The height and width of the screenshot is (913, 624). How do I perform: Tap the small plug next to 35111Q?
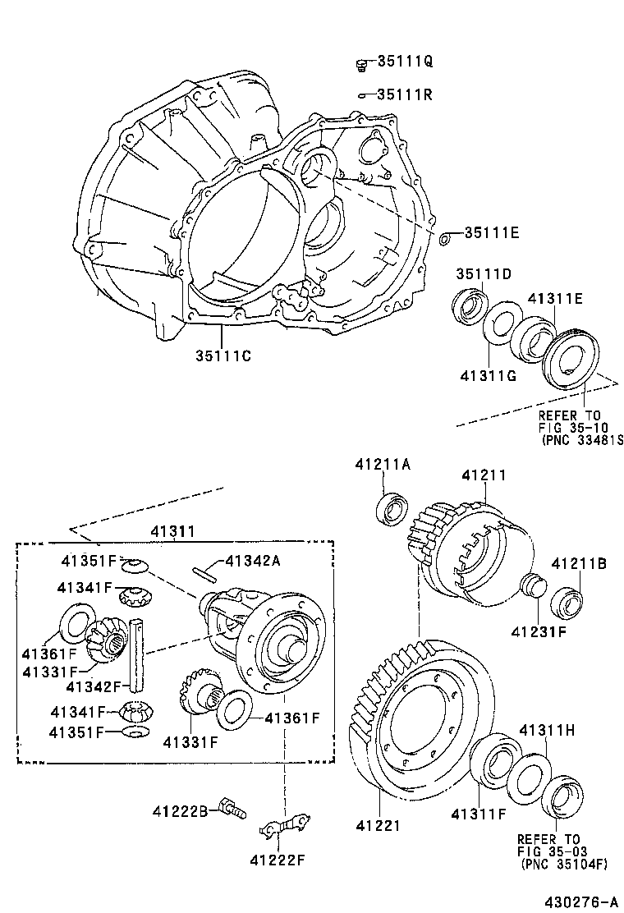360,62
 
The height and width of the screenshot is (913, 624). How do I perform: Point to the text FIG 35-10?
573,427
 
